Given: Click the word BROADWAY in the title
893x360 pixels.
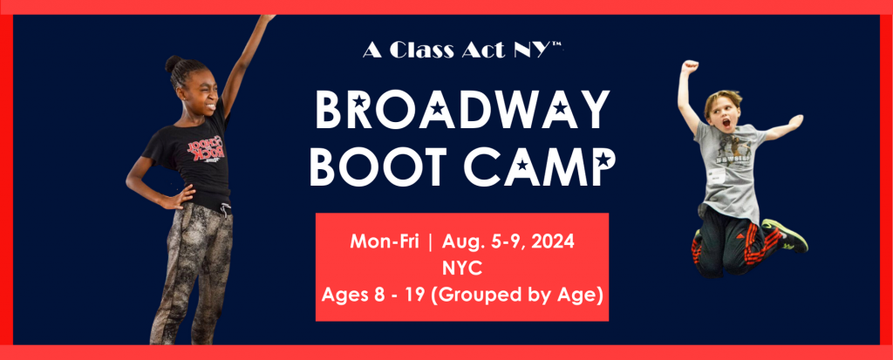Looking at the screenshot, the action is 462,110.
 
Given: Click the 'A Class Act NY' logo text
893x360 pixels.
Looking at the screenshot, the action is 462,51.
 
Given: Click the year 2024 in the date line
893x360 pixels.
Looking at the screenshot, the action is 550,241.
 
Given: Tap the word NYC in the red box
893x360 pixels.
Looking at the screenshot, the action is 462,268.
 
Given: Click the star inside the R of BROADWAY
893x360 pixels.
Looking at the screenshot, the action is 360,103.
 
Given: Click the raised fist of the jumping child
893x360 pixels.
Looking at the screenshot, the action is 691,66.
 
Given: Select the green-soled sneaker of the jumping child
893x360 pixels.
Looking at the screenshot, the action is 786,234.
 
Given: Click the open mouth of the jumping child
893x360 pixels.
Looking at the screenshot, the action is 727,121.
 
